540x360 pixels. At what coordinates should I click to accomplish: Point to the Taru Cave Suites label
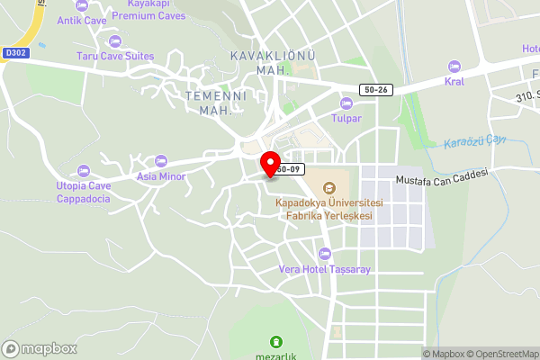click(114, 56)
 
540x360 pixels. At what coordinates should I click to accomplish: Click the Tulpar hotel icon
click(346, 103)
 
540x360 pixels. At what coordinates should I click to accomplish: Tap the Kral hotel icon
click(454, 67)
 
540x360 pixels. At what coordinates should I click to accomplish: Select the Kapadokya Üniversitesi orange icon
click(328, 188)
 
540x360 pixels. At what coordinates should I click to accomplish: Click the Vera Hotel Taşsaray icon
click(324, 254)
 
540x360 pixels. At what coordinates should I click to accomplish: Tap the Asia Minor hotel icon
click(161, 161)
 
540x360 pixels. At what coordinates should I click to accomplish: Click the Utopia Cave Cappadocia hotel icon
click(84, 170)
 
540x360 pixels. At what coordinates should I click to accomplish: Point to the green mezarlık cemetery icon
click(276, 341)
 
